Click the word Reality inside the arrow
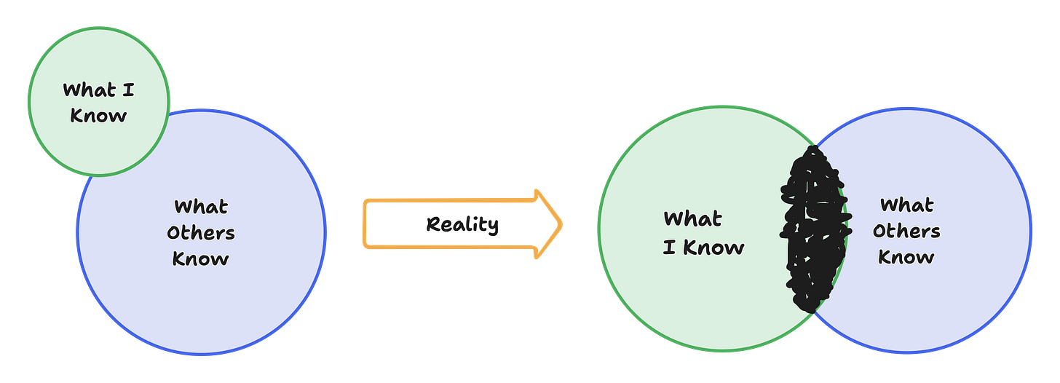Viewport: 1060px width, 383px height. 462,224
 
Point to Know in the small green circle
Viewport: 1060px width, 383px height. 98,116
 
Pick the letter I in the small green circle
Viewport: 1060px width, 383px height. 129,90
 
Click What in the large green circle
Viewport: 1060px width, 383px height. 692,218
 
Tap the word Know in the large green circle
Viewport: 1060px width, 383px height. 714,248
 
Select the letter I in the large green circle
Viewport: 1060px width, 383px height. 669,248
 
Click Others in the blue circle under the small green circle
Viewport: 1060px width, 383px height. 201,233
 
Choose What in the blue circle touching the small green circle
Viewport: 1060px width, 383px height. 201,208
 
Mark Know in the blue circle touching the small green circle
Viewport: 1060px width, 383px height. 201,258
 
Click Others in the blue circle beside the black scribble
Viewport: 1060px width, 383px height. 906,232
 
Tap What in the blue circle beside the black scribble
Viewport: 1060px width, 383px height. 906,205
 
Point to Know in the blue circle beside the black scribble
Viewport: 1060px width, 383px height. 906,257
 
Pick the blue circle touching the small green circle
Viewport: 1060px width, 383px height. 218,313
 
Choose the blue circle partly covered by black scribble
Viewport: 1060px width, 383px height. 946,306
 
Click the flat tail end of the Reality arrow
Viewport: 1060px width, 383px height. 365,224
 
